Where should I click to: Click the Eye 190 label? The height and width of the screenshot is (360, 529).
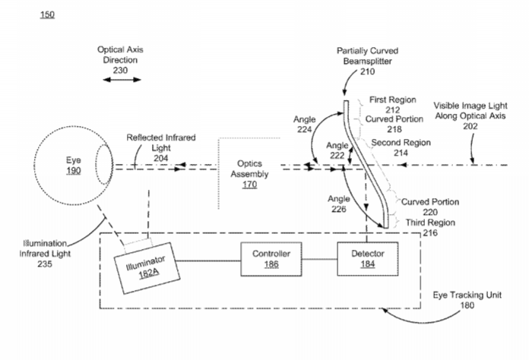[72, 166]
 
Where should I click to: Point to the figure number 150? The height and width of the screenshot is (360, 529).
[46, 15]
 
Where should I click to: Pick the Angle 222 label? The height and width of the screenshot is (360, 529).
[337, 150]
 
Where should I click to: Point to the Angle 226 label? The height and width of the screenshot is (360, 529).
[339, 204]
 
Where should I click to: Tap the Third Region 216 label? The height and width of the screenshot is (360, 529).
[429, 228]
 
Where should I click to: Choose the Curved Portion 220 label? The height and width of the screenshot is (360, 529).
[429, 207]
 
